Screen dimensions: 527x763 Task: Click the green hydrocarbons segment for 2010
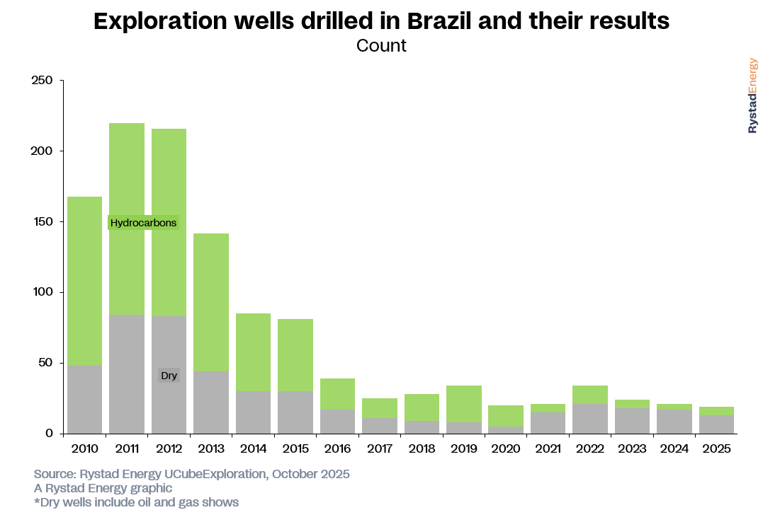point(84,281)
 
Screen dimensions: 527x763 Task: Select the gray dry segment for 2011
point(127,374)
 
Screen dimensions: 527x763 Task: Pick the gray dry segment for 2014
point(253,412)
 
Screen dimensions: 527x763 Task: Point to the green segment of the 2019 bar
point(465,404)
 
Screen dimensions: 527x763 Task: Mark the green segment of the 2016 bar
point(337,394)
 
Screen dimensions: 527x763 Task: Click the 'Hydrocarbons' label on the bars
point(143,223)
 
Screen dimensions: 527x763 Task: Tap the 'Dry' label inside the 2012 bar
point(169,376)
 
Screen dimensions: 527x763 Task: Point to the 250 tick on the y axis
point(43,81)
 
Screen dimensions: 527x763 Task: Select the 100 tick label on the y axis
point(43,292)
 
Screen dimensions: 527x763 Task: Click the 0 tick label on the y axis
point(50,434)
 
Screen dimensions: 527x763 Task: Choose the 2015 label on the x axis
point(295,448)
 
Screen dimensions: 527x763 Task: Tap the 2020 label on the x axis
point(506,448)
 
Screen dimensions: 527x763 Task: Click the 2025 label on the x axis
point(717,448)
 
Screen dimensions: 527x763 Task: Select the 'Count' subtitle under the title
point(381,46)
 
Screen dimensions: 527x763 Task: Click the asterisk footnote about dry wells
point(136,502)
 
